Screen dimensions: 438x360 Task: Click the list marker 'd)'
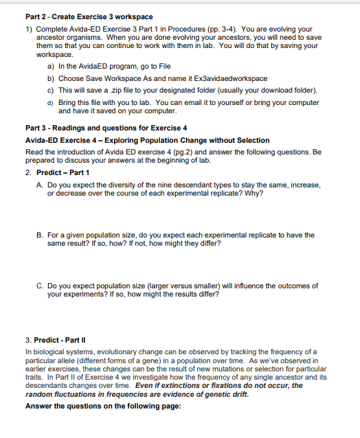[x=52, y=102]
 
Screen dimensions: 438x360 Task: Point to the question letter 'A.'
[x=41, y=185]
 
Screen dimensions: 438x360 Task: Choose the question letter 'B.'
[x=41, y=235]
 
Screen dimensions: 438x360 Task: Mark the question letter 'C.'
[x=41, y=285]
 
